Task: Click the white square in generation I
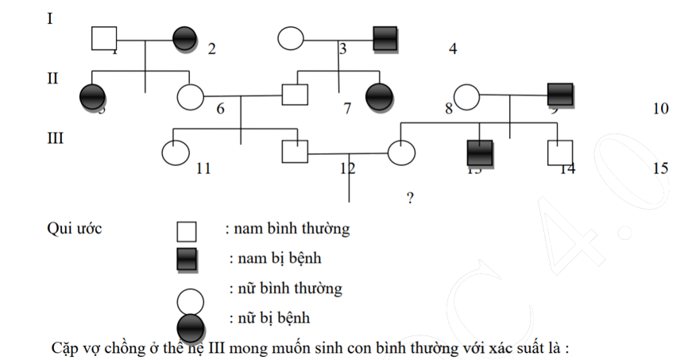coord(104,38)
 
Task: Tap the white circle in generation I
coord(291,38)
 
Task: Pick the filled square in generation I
coord(385,38)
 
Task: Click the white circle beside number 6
coord(190,96)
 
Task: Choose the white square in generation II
coord(296,95)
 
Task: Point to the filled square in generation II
coord(560,95)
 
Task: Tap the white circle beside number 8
coord(466,96)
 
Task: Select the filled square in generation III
coord(479,152)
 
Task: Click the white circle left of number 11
coord(175,151)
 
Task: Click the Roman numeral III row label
coord(55,138)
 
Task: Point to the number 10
coord(660,109)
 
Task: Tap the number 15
coord(659,168)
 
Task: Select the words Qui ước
coord(75,230)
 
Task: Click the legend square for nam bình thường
coord(186,231)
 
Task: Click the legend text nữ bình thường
coord(285,288)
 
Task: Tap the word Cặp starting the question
coord(64,348)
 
